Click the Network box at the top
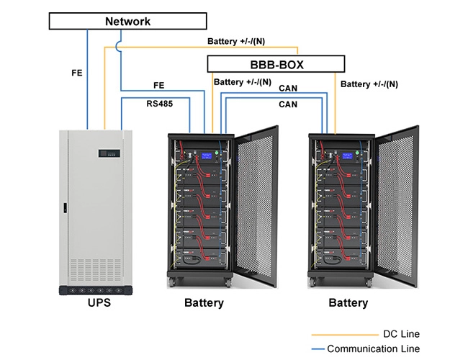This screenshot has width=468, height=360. point(128,21)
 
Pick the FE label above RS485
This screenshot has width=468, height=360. point(161,86)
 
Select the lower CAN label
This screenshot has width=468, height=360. point(289,104)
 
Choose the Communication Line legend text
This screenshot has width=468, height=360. point(373,348)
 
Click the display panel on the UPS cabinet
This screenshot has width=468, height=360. point(109,153)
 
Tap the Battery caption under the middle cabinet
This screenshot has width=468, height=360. point(204,303)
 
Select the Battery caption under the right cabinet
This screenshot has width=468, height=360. point(348,303)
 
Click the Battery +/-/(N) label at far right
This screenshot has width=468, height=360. point(369,84)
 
